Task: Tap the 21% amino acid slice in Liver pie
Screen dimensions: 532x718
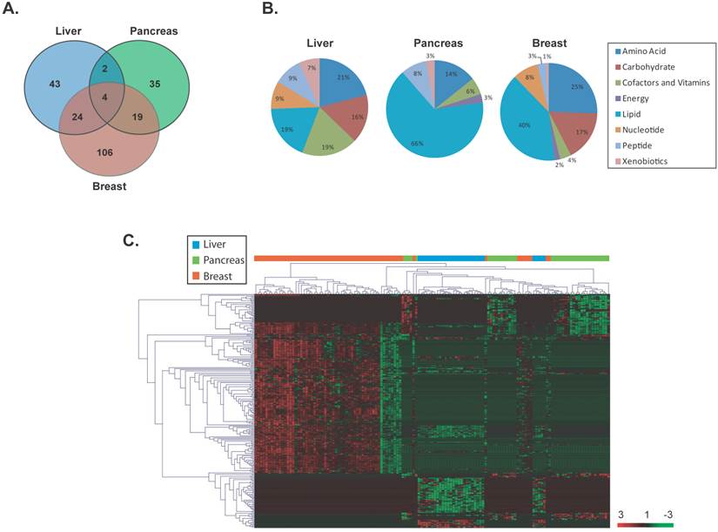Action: tap(321, 78)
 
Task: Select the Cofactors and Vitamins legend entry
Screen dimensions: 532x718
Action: tap(666, 82)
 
